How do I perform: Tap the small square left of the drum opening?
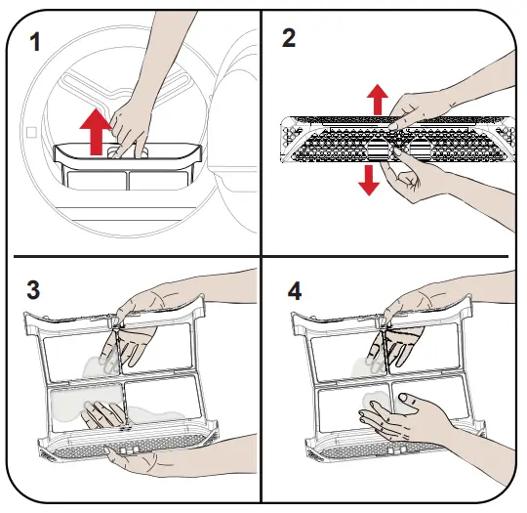[32, 131]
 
